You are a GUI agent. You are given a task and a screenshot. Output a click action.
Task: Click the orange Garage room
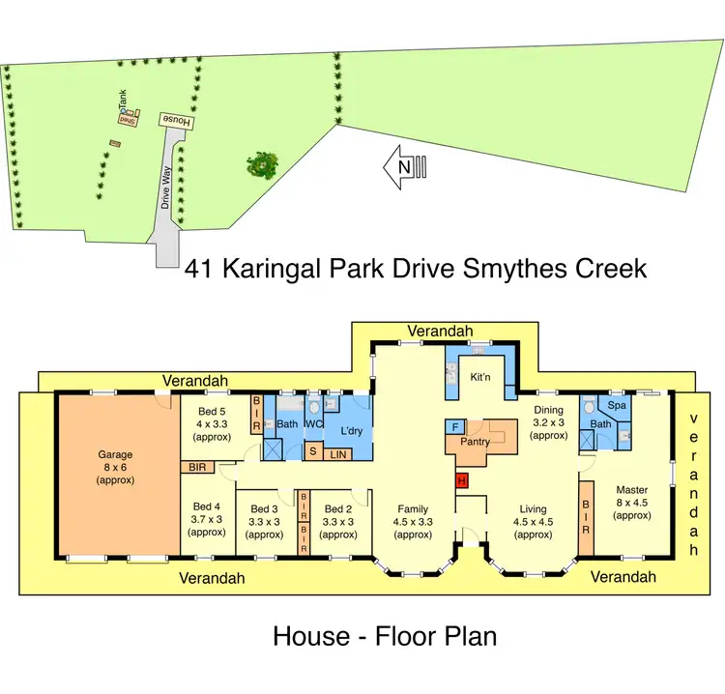117,474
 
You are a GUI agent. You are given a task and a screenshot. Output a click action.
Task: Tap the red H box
461,480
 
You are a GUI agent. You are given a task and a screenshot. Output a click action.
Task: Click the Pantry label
475,442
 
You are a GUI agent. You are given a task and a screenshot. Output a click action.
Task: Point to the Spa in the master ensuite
615,406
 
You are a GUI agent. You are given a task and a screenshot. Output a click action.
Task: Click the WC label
313,423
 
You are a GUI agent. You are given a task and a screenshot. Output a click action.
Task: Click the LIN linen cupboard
338,452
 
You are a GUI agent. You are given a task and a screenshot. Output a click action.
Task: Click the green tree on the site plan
262,163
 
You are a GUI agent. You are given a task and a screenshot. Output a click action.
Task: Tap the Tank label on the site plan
123,101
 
